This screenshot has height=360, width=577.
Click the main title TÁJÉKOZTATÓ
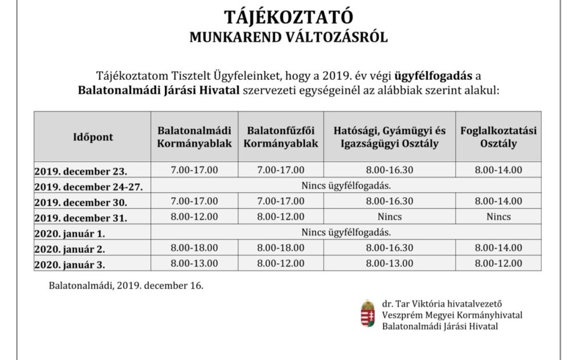288,16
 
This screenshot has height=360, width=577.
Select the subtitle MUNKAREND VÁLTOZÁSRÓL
288,37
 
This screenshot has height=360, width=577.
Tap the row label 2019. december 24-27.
89,187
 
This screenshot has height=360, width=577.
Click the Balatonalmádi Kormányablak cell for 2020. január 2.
194,248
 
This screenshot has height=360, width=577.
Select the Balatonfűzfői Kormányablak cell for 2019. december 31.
280,217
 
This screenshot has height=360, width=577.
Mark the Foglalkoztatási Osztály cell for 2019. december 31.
498,217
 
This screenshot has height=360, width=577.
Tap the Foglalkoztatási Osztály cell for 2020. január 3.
498,263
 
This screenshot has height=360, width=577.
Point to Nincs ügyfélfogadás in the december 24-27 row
346,186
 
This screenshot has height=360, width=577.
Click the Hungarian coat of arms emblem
367,315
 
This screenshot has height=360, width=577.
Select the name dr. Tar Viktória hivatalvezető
442,303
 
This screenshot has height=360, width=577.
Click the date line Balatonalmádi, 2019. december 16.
126,287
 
